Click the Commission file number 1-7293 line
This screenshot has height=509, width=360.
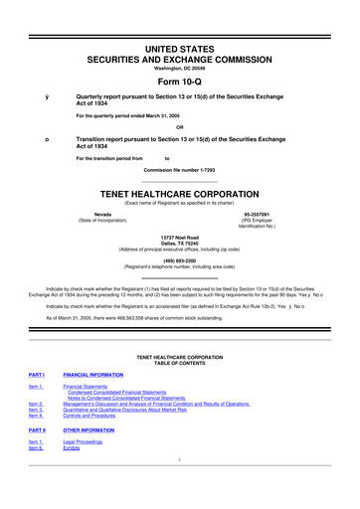pos(180,168)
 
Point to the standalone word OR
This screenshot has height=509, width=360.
pos(180,125)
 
